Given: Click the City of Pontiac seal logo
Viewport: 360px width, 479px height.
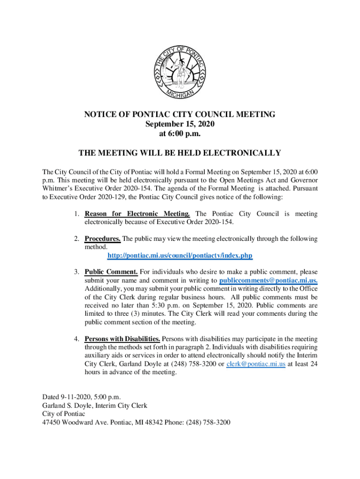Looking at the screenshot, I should pos(180,73).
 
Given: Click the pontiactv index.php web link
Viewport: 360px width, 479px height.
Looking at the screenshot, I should pos(180,256).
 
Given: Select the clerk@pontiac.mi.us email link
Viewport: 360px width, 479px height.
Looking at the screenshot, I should pos(256,364).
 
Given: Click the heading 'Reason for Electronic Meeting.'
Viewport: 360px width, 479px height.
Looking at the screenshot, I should pos(137,214).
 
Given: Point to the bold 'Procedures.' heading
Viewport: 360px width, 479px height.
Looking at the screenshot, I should pos(102,239).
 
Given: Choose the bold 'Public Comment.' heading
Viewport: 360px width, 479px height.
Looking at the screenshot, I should pos(111,272).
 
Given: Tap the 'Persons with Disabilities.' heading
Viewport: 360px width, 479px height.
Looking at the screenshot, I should pos(122,339).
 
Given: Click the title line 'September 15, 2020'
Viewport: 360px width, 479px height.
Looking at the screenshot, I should pos(180,124).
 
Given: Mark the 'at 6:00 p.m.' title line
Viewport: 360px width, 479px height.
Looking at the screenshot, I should pos(180,134).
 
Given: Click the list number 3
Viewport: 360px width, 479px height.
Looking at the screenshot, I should pos(76,272).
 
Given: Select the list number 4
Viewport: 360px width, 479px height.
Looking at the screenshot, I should pos(76,339).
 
